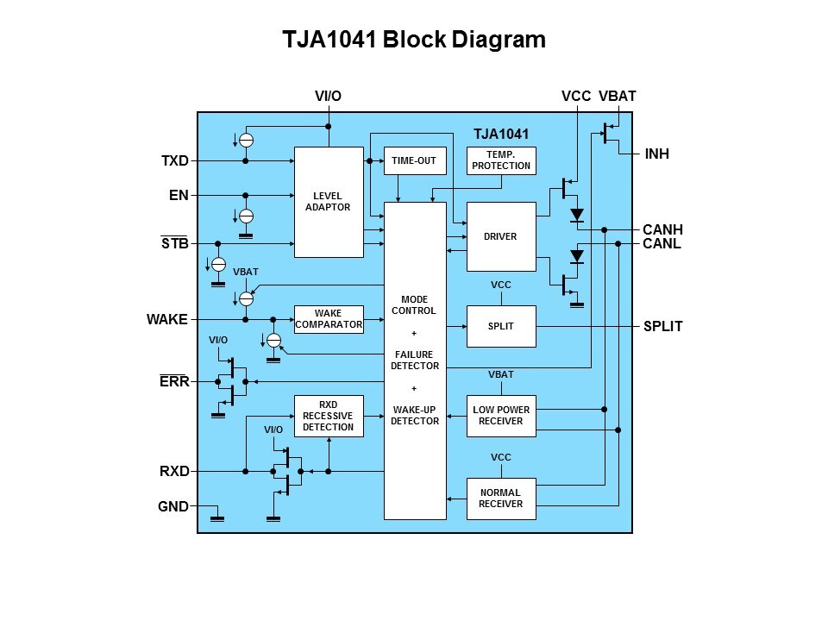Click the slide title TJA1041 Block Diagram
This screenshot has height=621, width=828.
pos(414,40)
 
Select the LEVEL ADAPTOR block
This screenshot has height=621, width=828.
pos(329,202)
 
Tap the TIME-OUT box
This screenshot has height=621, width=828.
pos(414,161)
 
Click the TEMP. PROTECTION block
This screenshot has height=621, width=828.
pos(500,161)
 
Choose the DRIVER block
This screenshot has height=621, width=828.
pos(500,236)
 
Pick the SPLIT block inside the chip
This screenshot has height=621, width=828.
pos(500,327)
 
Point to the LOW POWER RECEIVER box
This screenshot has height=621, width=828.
pos(500,415)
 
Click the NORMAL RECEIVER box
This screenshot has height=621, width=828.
pos(500,499)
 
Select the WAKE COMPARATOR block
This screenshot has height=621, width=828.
pos(329,319)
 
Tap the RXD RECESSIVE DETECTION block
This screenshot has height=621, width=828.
pos(329,416)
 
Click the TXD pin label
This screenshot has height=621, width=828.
pos(175,161)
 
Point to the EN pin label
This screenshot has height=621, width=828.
pos(179,196)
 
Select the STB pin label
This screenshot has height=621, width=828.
pos(175,244)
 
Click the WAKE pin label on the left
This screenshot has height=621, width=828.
pos(167,320)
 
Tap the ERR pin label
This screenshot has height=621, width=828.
pos(174,382)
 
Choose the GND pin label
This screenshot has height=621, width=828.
pos(173,506)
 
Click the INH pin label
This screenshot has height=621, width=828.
pos(657,154)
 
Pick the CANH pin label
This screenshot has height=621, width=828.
pos(662,229)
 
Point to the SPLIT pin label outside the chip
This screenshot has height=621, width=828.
pos(662,327)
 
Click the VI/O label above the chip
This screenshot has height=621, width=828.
pos(328,97)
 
